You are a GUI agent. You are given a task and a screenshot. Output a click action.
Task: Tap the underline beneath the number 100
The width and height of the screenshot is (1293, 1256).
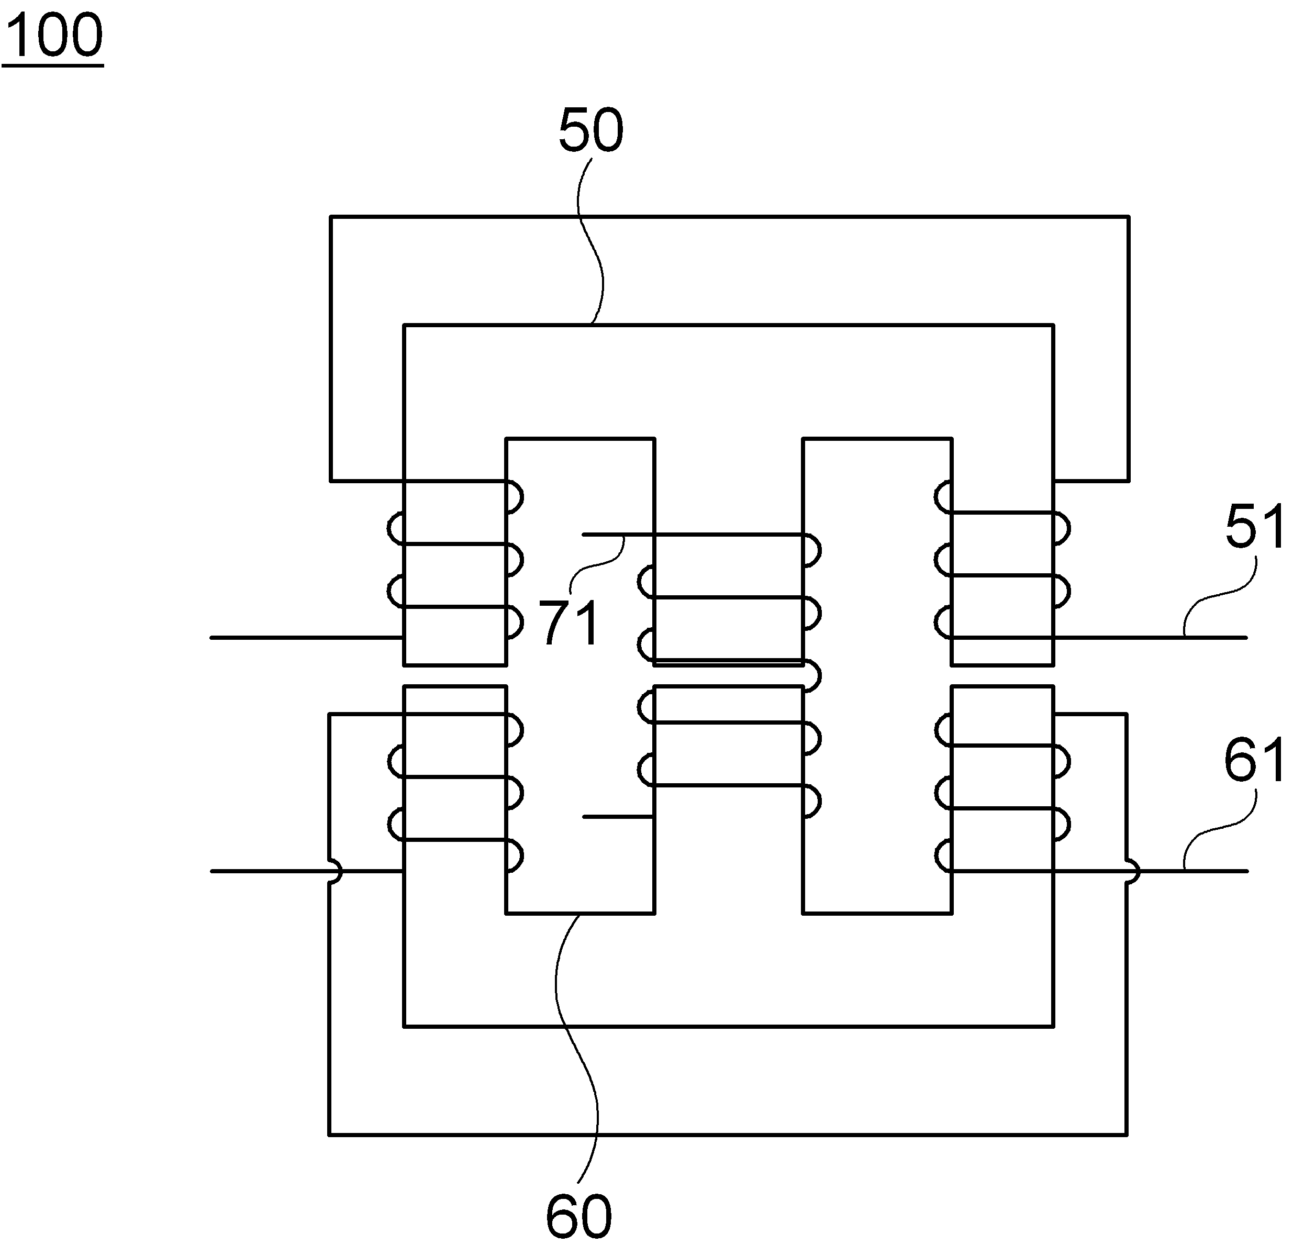(53, 65)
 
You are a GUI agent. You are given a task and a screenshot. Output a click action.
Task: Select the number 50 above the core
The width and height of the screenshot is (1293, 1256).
(591, 130)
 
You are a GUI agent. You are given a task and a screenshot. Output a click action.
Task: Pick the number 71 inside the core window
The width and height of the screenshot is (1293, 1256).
(570, 622)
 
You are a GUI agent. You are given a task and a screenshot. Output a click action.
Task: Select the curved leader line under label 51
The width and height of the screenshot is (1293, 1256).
(1219, 597)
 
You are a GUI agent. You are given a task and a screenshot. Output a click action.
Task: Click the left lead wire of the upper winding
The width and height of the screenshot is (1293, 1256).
(307, 637)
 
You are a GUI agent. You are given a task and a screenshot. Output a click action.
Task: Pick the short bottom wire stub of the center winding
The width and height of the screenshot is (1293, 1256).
(618, 817)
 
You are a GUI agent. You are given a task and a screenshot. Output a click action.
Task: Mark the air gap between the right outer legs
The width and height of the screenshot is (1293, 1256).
(1002, 675)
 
